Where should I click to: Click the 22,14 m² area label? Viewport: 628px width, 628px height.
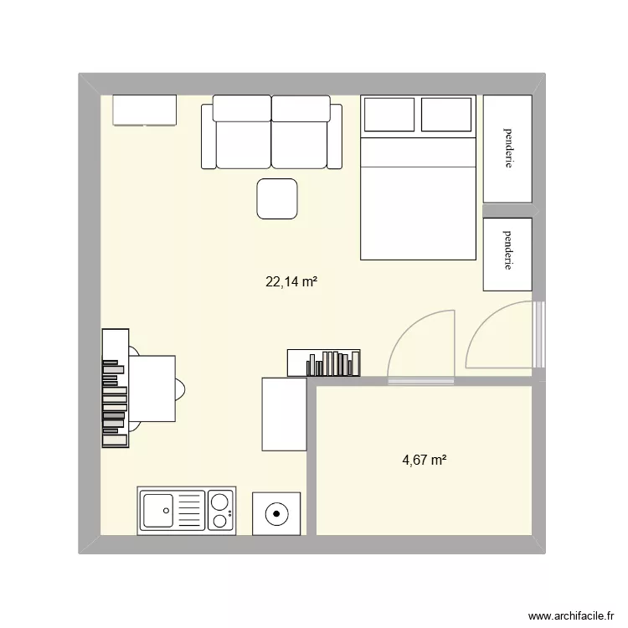[x=291, y=282]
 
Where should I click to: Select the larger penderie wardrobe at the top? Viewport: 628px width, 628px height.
[x=507, y=148]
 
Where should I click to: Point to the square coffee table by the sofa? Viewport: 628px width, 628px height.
[x=277, y=199]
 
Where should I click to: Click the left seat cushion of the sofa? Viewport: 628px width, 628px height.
[x=243, y=139]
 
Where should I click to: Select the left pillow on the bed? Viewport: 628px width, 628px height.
[x=389, y=114]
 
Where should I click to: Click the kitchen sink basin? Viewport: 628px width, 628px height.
[x=158, y=509]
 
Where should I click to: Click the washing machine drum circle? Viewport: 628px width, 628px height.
[x=276, y=512]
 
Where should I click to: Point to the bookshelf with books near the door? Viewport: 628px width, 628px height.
[x=324, y=363]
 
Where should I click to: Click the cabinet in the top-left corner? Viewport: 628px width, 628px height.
[x=145, y=110]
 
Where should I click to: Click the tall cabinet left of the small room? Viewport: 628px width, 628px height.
[x=284, y=414]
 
